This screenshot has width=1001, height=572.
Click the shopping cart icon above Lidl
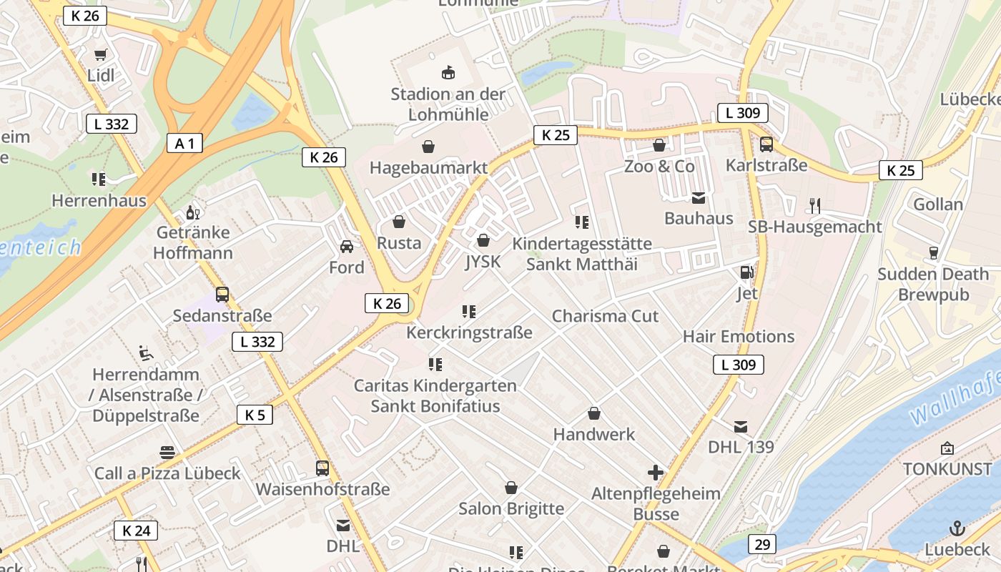tap(101, 55)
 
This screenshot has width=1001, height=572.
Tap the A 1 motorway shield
tap(184, 143)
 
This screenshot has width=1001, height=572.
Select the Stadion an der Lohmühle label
tap(448, 104)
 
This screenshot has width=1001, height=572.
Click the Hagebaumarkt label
tap(428, 168)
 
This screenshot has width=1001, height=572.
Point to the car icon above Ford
tap(347, 247)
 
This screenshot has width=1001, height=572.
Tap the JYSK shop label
tap(483, 262)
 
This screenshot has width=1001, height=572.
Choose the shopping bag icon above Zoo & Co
tap(659, 146)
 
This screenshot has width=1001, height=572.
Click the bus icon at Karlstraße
tap(766, 144)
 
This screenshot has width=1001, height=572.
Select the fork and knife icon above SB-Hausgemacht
tap(814, 206)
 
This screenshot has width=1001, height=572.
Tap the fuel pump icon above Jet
tap(746, 272)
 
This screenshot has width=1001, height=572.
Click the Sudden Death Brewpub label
tap(933, 285)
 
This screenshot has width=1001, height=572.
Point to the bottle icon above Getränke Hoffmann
tap(192, 212)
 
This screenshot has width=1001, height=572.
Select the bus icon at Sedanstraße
tap(222, 295)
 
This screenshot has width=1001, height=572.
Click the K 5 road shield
tap(255, 415)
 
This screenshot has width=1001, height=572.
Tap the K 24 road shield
tap(136, 531)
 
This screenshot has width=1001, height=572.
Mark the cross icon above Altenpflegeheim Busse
tap(656, 473)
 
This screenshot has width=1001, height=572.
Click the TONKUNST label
tap(947, 469)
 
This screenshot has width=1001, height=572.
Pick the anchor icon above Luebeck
tap(957, 528)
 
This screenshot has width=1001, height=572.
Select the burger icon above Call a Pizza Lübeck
tap(167, 453)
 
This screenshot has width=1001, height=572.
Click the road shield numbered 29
tap(762, 544)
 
